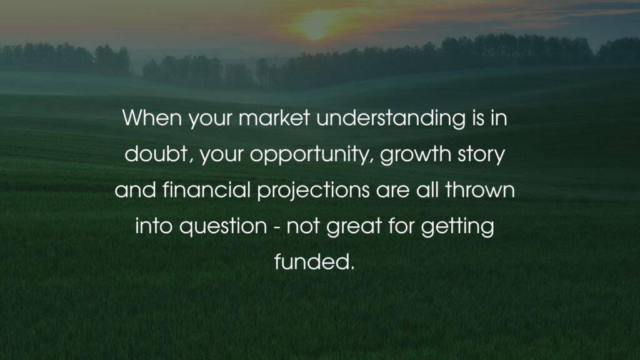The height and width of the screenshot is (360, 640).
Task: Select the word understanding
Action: point(391,118)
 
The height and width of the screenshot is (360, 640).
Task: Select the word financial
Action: point(206,190)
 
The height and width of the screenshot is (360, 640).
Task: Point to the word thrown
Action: point(480,190)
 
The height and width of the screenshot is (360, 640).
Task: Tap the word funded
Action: point(311,262)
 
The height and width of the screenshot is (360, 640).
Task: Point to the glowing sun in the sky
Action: point(314,25)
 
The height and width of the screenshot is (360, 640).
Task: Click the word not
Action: point(303,226)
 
